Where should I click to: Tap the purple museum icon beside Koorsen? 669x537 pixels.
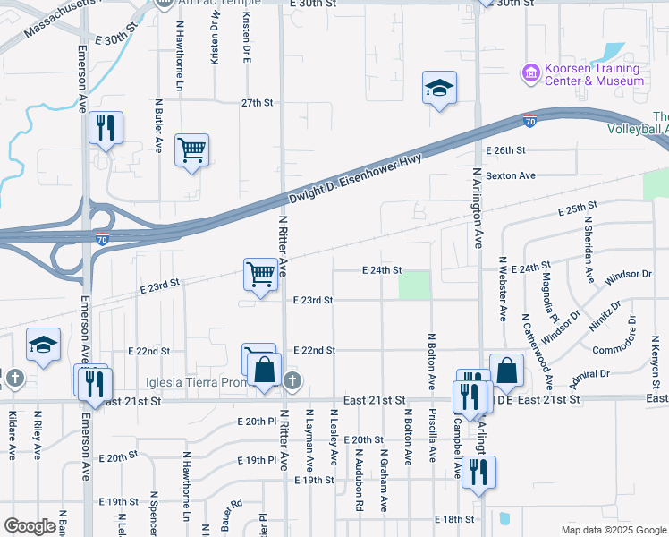coord(531,71)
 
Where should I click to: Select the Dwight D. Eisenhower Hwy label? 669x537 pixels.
coord(354,180)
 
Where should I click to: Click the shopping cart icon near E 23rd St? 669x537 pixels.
coord(260,273)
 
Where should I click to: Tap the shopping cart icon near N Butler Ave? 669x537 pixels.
coord(191,149)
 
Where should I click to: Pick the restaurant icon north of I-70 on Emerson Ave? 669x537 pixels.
coord(106,128)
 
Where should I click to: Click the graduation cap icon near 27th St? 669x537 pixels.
coord(439,88)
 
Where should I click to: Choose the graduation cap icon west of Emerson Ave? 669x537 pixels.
coord(43,345)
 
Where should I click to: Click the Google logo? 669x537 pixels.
coord(30,526)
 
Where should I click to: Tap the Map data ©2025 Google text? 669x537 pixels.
coord(613,530)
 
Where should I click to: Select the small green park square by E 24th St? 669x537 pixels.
coord(413,285)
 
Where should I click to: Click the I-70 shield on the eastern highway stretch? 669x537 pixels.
coord(529,121)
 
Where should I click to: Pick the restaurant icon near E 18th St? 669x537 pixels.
coord(478,472)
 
